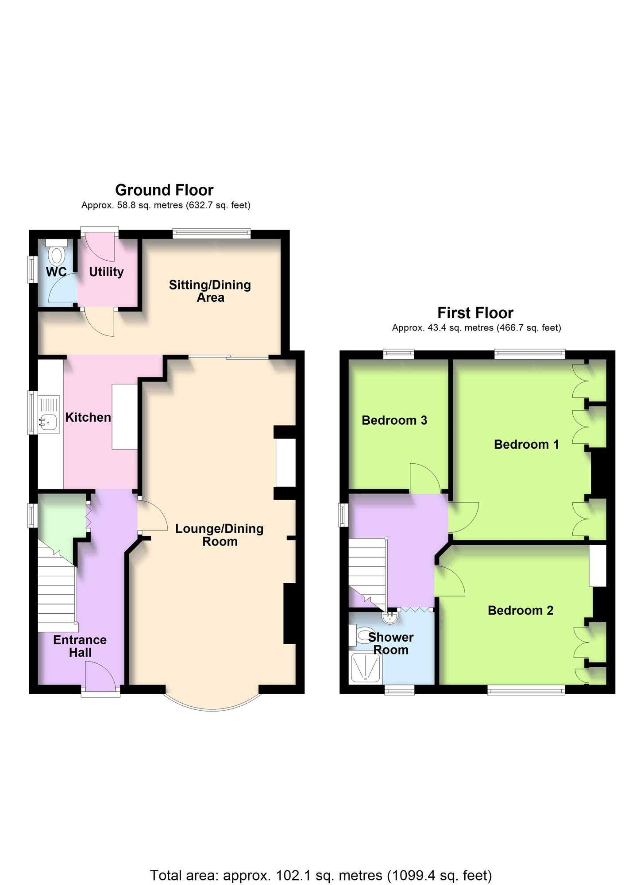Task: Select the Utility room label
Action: pos(106,272)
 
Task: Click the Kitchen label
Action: pos(88,417)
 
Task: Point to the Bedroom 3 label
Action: pos(394,420)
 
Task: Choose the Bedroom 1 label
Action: pos(526,444)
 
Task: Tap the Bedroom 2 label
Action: pos(521,611)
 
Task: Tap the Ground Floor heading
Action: pos(164,190)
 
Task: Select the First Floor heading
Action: pos(475,313)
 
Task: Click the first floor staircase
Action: pos(367,573)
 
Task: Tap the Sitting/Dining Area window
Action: pos(212,233)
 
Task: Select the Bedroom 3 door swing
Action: pos(424,478)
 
